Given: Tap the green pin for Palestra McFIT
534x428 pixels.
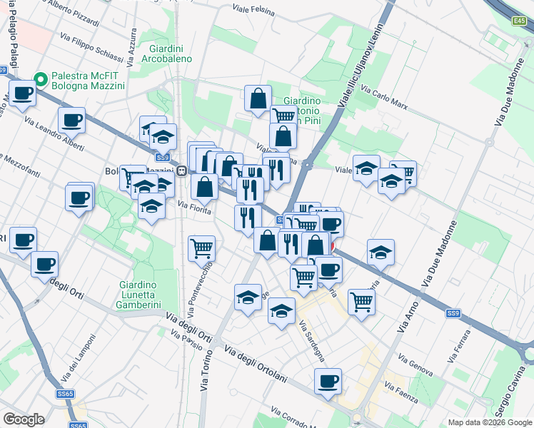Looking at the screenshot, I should coord(41,80).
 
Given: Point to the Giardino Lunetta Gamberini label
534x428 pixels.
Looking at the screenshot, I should coord(146,295).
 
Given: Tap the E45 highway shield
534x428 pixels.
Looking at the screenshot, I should coord(519,22).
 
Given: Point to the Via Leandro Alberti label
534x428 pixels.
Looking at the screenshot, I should coord(54,134).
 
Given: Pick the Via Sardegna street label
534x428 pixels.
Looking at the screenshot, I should coord(311,341).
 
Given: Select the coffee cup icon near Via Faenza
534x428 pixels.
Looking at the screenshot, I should coord(328,381).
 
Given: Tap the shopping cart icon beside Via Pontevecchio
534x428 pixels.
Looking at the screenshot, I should coord(202,248).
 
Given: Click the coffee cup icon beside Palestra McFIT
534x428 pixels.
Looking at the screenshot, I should coord(23,93).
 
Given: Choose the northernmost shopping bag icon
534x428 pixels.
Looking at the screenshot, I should coord(258,98).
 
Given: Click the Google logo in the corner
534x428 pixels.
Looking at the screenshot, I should coord(24,419).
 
